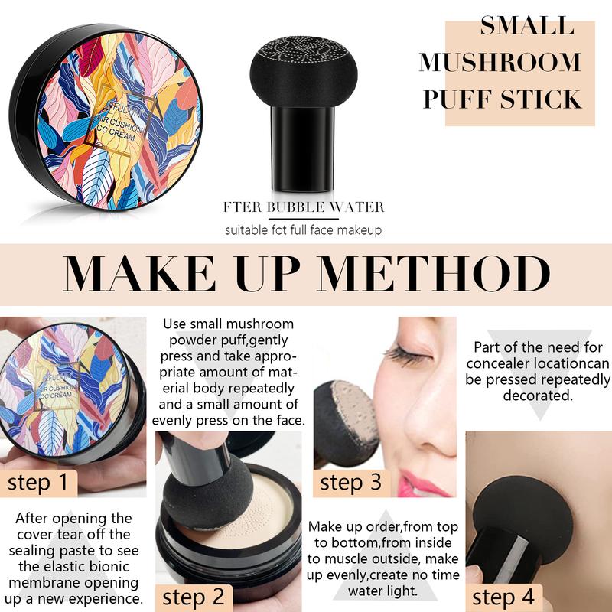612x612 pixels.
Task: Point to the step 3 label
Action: pos(350,482)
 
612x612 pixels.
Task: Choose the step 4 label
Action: pos(503,596)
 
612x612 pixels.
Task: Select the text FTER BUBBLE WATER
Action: pos(304,207)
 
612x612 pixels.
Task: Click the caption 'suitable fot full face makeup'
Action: pos(303,229)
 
